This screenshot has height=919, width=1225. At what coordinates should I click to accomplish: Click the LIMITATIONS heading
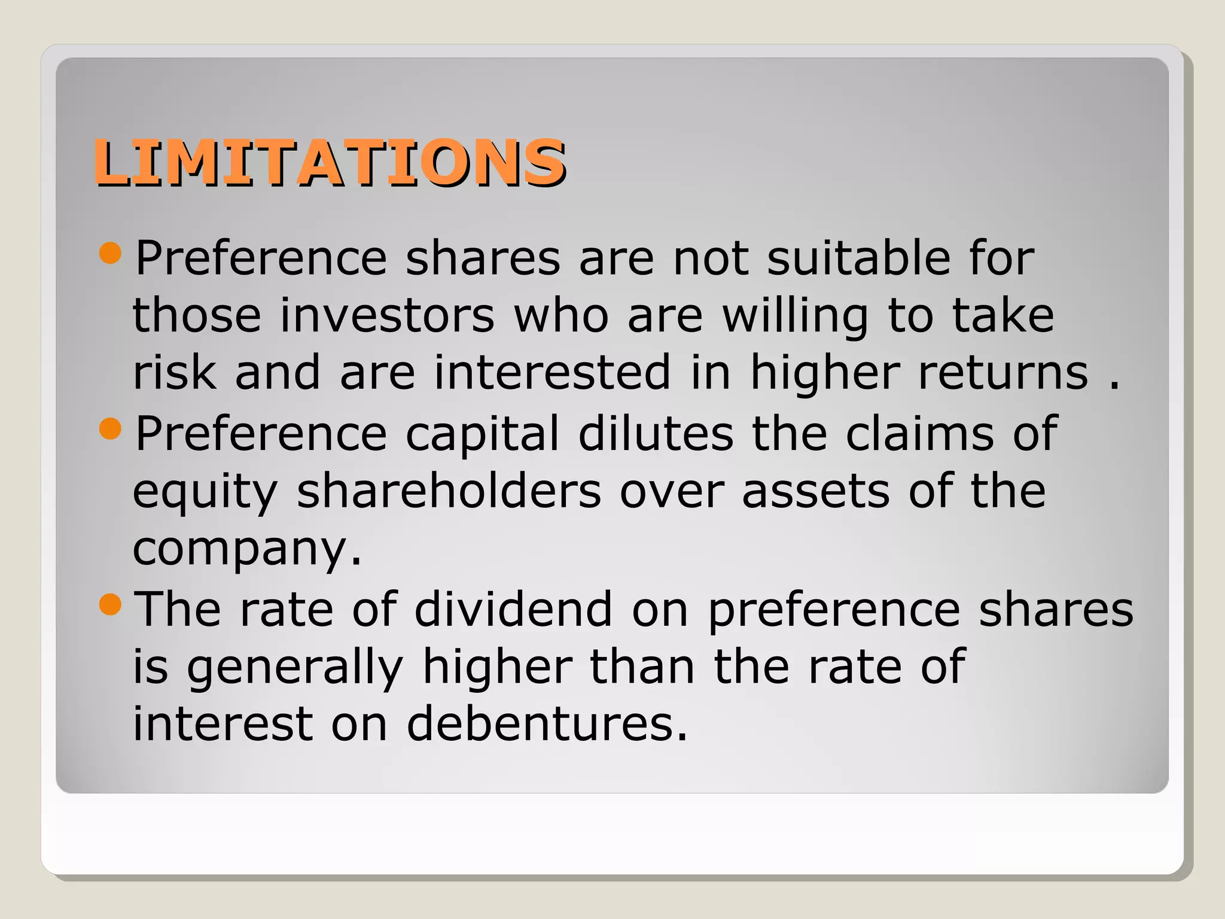[329, 162]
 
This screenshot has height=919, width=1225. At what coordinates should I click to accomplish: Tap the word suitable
[858, 258]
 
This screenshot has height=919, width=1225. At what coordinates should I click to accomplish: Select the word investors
[387, 315]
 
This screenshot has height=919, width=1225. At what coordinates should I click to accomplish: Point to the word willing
[795, 315]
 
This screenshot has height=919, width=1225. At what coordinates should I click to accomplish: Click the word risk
[174, 372]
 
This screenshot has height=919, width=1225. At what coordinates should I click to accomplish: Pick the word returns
[1003, 372]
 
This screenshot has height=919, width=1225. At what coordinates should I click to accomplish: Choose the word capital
[482, 433]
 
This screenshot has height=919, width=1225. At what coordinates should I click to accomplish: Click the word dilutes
[656, 433]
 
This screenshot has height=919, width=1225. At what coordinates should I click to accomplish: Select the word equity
[205, 492]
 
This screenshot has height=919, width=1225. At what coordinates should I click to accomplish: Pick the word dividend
[513, 609]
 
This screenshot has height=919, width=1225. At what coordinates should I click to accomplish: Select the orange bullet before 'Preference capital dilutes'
[111, 428]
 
